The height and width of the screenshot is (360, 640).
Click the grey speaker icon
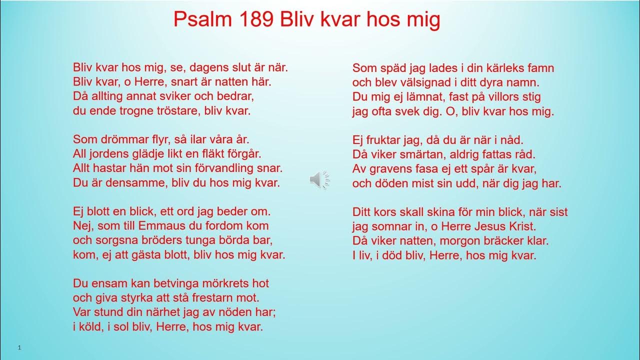tap(319, 179)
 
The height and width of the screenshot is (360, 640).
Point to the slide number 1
tap(18, 347)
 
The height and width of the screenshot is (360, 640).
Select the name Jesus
tap(484, 226)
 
